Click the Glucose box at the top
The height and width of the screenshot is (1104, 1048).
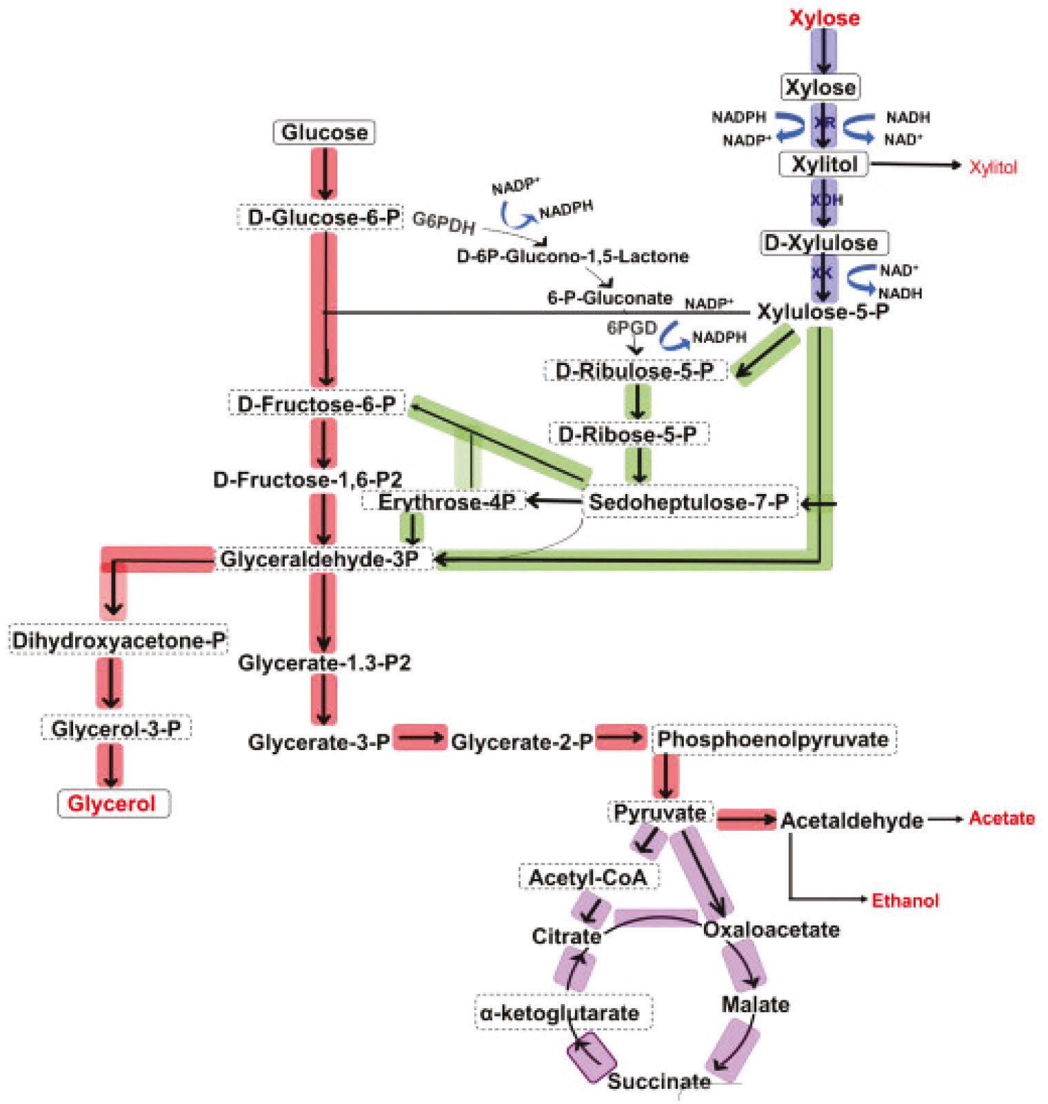coord(324,132)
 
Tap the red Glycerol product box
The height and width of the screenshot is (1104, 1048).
coord(113,803)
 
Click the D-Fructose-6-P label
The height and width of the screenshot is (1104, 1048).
coord(316,404)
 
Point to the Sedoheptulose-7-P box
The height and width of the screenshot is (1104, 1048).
coord(689,502)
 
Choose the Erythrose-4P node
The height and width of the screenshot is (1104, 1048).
coord(445,502)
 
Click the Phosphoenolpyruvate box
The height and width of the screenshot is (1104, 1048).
coord(773,740)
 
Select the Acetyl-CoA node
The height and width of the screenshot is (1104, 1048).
coord(588,877)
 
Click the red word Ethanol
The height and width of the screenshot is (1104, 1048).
coord(905,900)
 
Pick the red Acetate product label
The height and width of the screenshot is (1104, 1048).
coord(1001,818)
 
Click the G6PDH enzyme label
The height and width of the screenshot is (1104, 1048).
coord(443,222)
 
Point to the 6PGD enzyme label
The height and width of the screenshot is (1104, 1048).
coord(631,328)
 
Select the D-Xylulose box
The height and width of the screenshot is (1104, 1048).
coord(823,243)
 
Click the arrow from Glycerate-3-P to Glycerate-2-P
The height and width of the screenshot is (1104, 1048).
coord(420,738)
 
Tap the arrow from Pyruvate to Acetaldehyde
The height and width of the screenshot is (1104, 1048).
coord(746,820)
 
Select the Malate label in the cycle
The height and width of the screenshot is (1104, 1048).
coord(755,1004)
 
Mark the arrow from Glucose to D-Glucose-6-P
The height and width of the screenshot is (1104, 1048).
coord(324,174)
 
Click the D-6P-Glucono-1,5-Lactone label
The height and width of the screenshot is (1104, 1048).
coord(572,257)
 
